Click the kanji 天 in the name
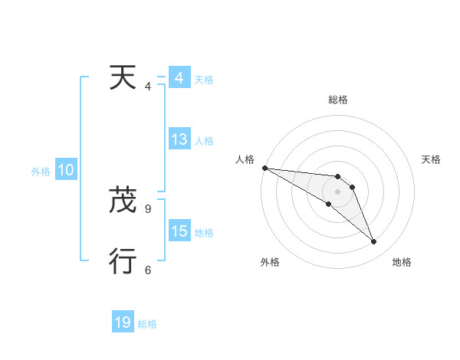123,77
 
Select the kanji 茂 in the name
123,200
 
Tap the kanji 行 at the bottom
123,261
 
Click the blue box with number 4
179,78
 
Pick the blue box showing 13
179,140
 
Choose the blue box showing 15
179,231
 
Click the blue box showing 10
66,170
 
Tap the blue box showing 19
123,322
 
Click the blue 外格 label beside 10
41,172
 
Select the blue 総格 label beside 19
147,324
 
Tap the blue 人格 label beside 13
204,141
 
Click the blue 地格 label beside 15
204,233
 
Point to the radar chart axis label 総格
337,100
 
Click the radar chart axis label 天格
432,159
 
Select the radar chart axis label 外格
270,262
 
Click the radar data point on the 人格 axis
264,167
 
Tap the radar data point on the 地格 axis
374,241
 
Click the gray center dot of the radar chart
337,191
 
